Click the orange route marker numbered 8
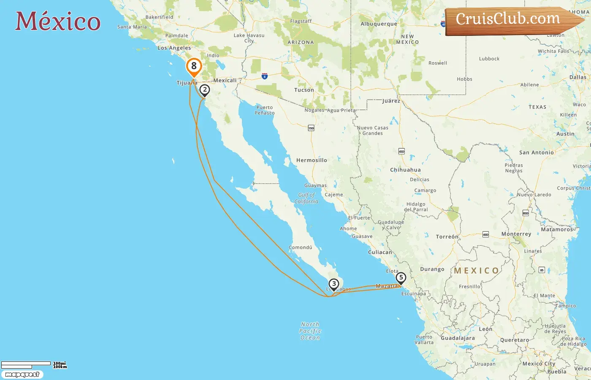(194, 66)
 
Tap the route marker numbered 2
(205, 90)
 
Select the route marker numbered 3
(334, 284)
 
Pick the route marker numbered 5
(401, 278)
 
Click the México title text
(58, 21)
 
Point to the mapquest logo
(22, 375)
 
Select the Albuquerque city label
(379, 24)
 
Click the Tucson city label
(304, 90)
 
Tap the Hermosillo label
(312, 160)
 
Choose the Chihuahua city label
(405, 170)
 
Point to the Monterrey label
(516, 234)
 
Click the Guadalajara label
(458, 338)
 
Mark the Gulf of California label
(306, 198)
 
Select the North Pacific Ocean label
(310, 331)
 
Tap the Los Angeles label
(174, 48)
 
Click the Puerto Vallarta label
(424, 339)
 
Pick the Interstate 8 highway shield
(264, 76)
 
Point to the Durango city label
(432, 269)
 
